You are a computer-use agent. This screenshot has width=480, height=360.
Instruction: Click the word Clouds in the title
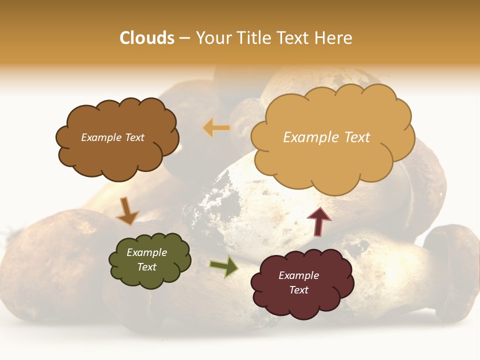[147, 38]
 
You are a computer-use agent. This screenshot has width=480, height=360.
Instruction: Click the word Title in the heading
[253, 38]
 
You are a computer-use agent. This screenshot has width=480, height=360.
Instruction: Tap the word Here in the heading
[334, 38]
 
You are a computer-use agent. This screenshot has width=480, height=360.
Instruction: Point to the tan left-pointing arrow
[216, 128]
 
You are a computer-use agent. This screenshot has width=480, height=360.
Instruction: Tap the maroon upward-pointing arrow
[319, 221]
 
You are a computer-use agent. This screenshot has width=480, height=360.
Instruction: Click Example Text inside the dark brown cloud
[112, 137]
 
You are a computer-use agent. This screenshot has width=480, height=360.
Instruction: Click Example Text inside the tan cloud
[326, 137]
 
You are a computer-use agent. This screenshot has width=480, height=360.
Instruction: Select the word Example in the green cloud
[146, 252]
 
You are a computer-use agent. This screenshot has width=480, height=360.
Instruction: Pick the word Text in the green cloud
[146, 267]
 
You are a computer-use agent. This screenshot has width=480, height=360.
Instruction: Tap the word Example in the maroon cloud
[298, 275]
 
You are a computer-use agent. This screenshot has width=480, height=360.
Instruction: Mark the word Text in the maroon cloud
[298, 290]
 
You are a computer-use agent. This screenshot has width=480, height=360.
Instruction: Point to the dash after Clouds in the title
[184, 38]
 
